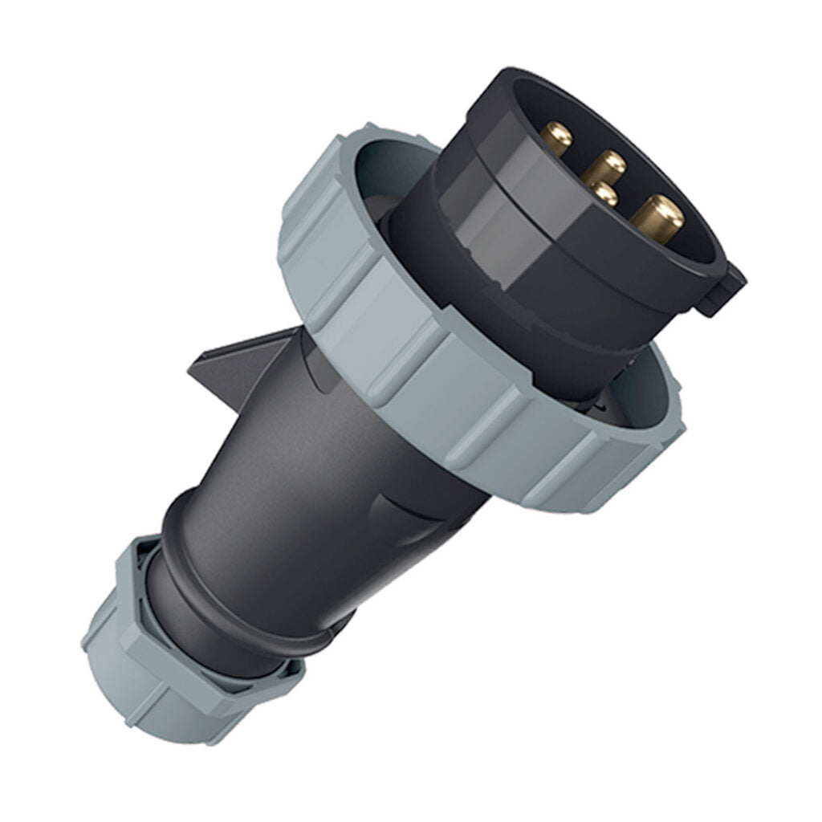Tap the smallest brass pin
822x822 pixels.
pyautogui.click(x=602, y=193)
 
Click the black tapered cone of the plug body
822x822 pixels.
pyautogui.click(x=321, y=466)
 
